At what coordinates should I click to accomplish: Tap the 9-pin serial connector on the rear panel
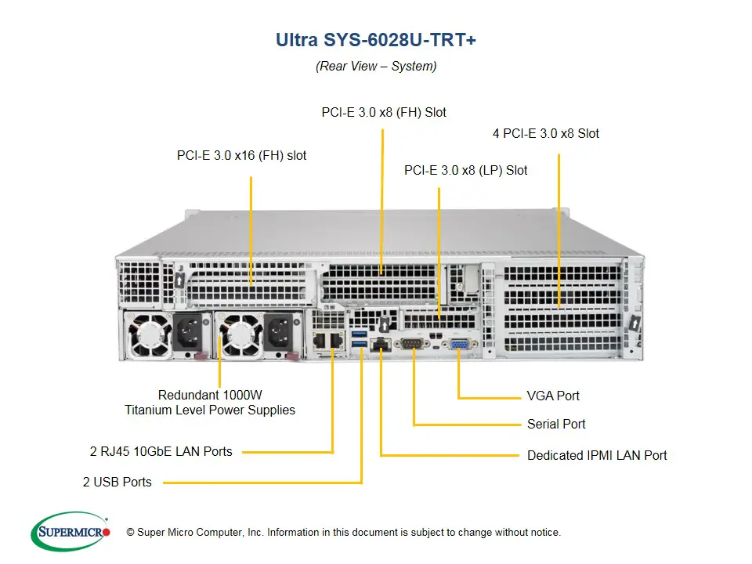point(413,344)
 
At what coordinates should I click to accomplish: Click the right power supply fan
point(240,334)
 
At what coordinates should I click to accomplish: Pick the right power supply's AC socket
point(281,334)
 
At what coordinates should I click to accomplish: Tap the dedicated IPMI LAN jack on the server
point(381,344)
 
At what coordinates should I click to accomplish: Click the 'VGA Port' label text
point(553,396)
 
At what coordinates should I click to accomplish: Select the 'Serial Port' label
point(556,425)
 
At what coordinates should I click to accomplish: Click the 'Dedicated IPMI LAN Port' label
point(597,455)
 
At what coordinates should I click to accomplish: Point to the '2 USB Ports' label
point(117,482)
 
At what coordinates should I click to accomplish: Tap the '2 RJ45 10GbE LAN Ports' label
point(161,451)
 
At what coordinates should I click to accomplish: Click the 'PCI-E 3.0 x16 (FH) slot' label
point(241,156)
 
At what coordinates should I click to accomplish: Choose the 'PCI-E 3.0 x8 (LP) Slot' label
point(465,170)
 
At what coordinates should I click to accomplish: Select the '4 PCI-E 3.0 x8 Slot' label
point(545,133)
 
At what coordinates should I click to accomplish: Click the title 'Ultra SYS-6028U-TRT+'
point(376,40)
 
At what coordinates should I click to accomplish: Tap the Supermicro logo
point(70,532)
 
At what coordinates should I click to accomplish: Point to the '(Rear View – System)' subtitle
point(376,66)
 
